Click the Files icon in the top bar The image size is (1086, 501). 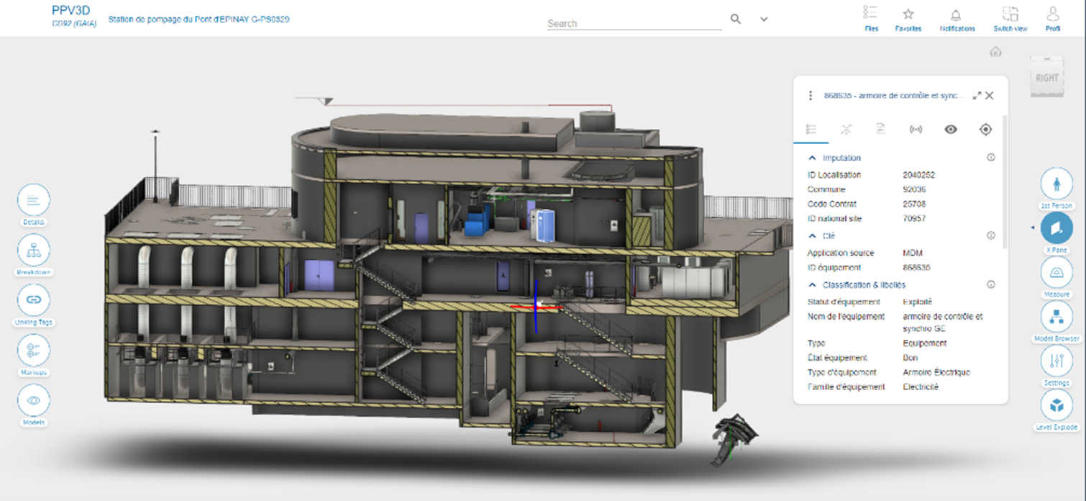click(x=871, y=14)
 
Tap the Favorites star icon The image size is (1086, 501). click(x=908, y=14)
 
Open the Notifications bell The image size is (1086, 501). click(x=957, y=14)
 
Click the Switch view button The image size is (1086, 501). click(x=1010, y=14)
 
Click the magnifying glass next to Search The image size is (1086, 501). click(x=736, y=19)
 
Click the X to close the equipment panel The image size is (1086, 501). click(x=990, y=95)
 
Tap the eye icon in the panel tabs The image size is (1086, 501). click(x=951, y=130)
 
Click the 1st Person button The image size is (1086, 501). click(x=1057, y=184)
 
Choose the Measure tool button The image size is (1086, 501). click(x=1057, y=272)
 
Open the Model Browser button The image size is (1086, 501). click(x=1057, y=316)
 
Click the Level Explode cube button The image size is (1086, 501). click(x=1057, y=405)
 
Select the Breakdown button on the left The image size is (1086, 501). click(x=34, y=250)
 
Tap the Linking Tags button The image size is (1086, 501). click(x=34, y=299)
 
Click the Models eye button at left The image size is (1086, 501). click(x=34, y=400)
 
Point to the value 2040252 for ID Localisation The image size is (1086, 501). click(x=918, y=175)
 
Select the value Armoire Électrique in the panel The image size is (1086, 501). click(x=936, y=372)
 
